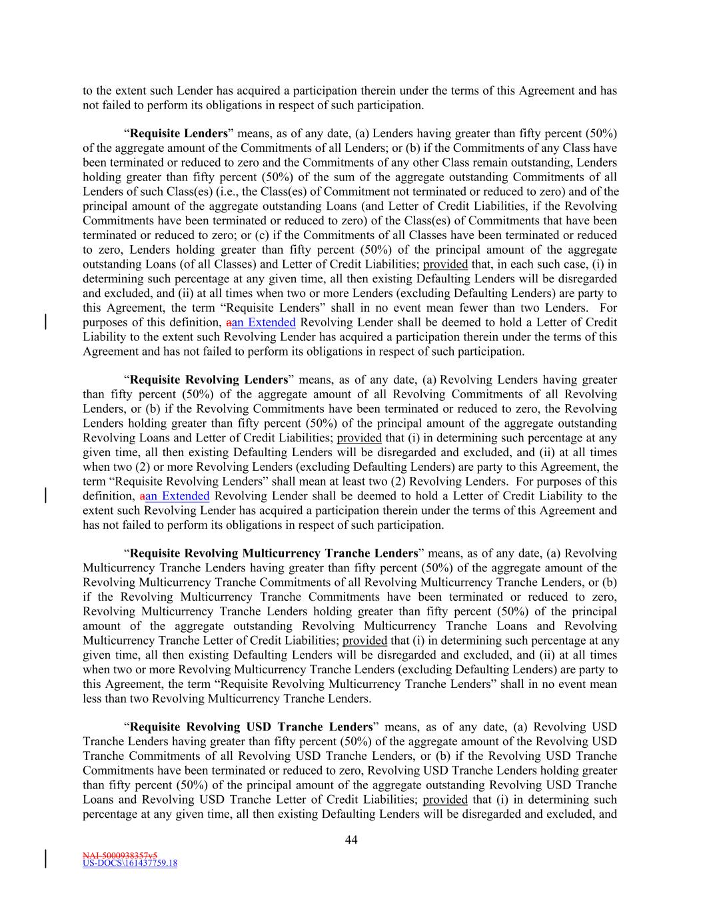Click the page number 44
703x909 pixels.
(351, 840)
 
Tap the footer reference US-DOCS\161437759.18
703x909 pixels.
(130, 863)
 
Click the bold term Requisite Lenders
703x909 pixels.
(179, 133)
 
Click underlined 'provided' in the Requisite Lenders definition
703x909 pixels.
(445, 264)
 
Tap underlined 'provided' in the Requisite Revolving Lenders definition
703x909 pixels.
(359, 438)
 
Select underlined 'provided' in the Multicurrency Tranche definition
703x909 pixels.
(364, 641)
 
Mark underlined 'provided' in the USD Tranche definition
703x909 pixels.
(445, 800)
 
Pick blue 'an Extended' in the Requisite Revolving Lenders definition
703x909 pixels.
(177, 496)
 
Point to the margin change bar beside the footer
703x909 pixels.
(45, 858)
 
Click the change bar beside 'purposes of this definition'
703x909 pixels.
(45, 322)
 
